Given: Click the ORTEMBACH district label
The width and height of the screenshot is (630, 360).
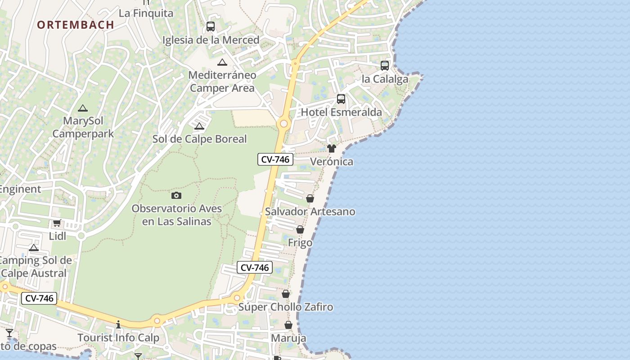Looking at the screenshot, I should click(76, 25).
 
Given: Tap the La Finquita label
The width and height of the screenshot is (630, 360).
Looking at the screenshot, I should click(146, 13).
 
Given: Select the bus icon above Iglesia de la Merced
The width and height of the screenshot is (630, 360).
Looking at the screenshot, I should click(211, 27).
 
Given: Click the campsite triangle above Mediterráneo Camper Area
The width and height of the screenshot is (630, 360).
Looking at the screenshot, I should click(222, 62).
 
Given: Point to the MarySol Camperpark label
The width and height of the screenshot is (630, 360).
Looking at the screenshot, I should click(83, 127).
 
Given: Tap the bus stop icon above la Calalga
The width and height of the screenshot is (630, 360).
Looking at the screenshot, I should click(385, 66).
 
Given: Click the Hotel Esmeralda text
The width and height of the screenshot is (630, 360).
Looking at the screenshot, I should click(341, 112).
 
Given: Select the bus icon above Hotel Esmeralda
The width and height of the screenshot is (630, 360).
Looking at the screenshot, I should click(341, 99).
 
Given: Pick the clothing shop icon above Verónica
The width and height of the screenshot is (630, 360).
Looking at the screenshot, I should click(332, 148).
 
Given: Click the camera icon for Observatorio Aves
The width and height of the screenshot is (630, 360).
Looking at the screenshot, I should click(176, 195).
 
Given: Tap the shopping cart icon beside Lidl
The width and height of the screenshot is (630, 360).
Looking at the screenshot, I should click(57, 223).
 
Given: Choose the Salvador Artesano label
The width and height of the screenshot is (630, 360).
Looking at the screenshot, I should click(310, 211).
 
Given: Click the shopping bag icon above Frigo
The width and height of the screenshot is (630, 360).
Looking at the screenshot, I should click(300, 230).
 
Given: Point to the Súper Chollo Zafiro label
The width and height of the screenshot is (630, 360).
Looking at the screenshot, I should click(286, 307).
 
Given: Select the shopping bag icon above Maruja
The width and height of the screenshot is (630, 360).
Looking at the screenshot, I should click(288, 325).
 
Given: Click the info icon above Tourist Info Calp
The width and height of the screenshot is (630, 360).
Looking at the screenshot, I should click(118, 324).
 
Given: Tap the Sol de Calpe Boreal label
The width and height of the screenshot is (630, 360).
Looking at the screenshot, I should click(199, 139).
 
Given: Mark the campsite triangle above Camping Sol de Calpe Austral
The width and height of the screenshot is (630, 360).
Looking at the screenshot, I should click(34, 247).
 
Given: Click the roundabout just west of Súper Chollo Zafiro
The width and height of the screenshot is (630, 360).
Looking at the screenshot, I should click(237, 297).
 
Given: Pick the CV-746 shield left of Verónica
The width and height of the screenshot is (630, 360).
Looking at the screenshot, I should click(275, 159).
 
